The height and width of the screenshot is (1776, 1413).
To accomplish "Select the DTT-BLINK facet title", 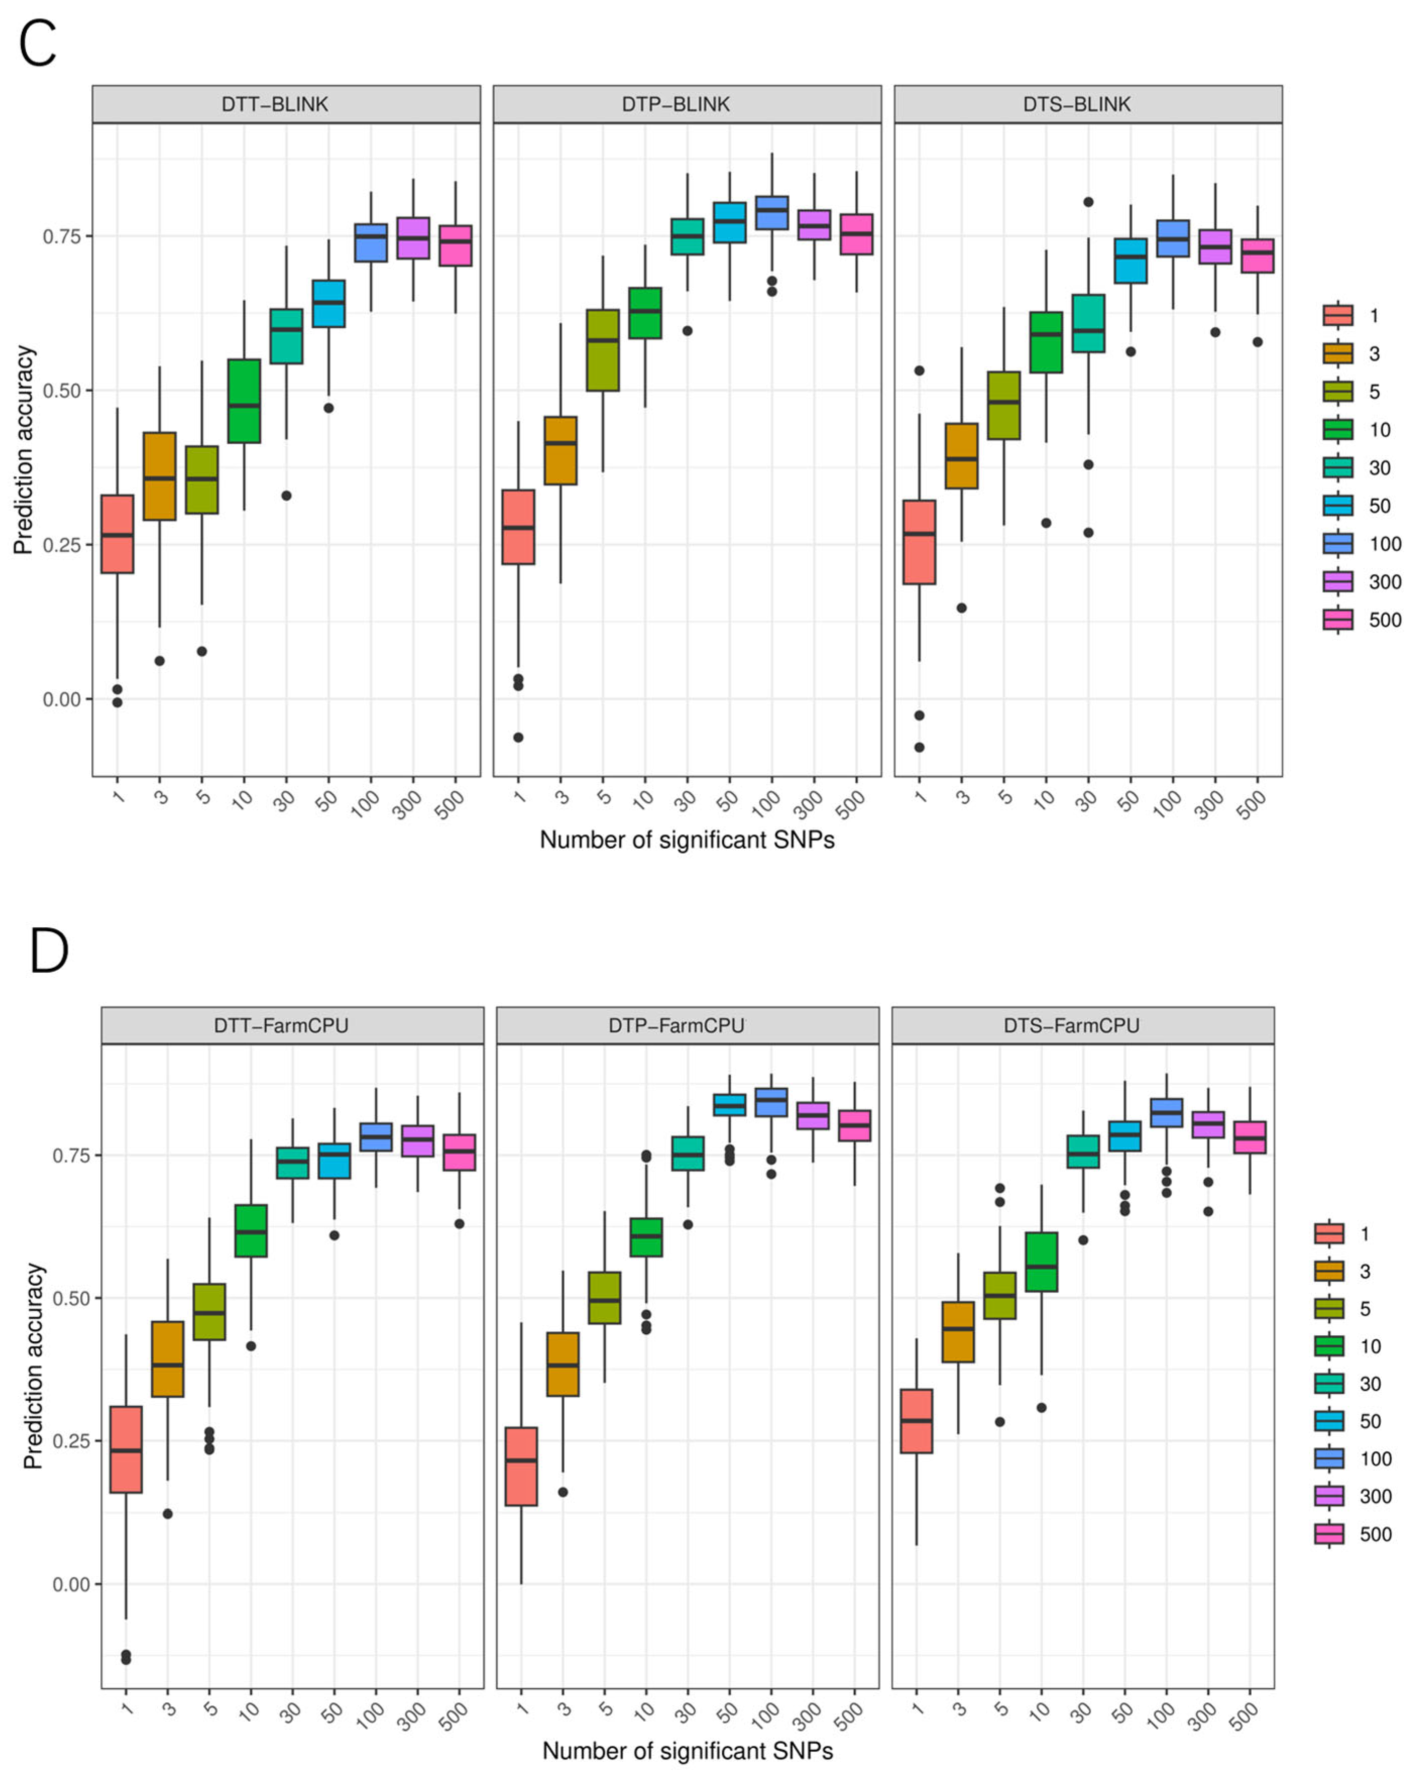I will (275, 104).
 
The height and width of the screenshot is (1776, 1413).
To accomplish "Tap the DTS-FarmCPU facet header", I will (1071, 1026).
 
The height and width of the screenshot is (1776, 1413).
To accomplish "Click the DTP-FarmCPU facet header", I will (676, 1026).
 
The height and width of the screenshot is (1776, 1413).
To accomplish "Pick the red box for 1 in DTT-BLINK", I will (117, 534).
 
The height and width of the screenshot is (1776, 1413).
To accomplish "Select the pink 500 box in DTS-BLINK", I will (1257, 255).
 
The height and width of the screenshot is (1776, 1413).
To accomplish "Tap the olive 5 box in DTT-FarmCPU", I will (209, 1312).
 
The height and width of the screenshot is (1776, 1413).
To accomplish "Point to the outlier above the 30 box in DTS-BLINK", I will (1088, 202).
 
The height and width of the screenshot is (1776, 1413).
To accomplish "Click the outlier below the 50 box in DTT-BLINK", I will (329, 408).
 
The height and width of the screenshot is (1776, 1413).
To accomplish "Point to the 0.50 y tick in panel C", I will (62, 390).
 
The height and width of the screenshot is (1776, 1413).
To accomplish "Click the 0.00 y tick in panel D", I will (72, 1584).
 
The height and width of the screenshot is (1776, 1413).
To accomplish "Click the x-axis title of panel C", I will (687, 840).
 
